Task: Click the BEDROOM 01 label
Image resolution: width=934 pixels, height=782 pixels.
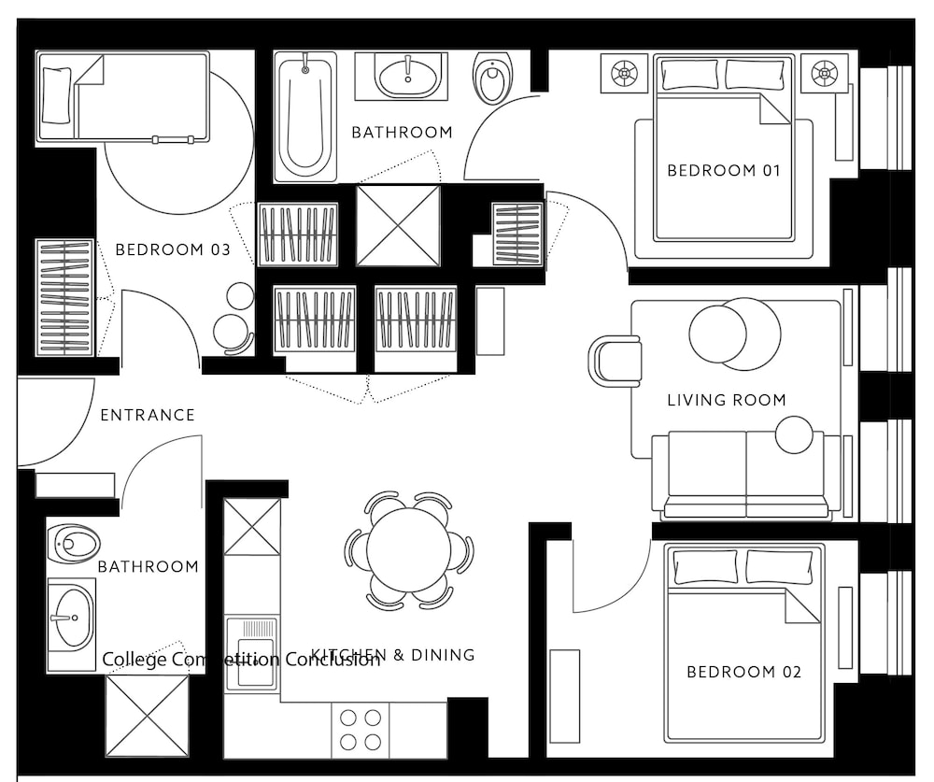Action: click(x=723, y=170)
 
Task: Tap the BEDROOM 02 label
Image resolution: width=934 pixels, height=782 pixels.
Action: click(x=743, y=672)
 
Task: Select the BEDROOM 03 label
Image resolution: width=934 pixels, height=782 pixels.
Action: click(x=172, y=249)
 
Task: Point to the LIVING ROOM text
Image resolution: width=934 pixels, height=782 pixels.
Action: click(x=726, y=400)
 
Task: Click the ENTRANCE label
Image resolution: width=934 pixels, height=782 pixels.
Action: click(x=148, y=415)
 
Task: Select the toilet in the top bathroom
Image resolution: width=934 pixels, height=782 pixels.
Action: click(x=491, y=78)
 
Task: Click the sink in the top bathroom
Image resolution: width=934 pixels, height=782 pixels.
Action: click(x=411, y=75)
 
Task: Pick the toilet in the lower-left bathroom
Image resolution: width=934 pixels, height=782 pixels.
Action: click(x=74, y=541)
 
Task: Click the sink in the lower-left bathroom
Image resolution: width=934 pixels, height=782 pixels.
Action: click(x=71, y=618)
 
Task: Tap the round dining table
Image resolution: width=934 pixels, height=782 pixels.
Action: click(x=409, y=549)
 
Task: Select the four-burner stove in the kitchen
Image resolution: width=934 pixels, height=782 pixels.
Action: click(x=361, y=730)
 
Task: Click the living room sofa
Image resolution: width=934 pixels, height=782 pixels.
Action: click(x=746, y=475)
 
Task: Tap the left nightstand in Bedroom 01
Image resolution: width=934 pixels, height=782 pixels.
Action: click(x=624, y=72)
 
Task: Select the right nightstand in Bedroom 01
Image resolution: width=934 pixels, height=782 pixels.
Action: click(x=824, y=72)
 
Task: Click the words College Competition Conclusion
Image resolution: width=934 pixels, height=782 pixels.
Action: click(x=241, y=660)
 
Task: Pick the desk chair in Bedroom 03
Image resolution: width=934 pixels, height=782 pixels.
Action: click(x=231, y=332)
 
